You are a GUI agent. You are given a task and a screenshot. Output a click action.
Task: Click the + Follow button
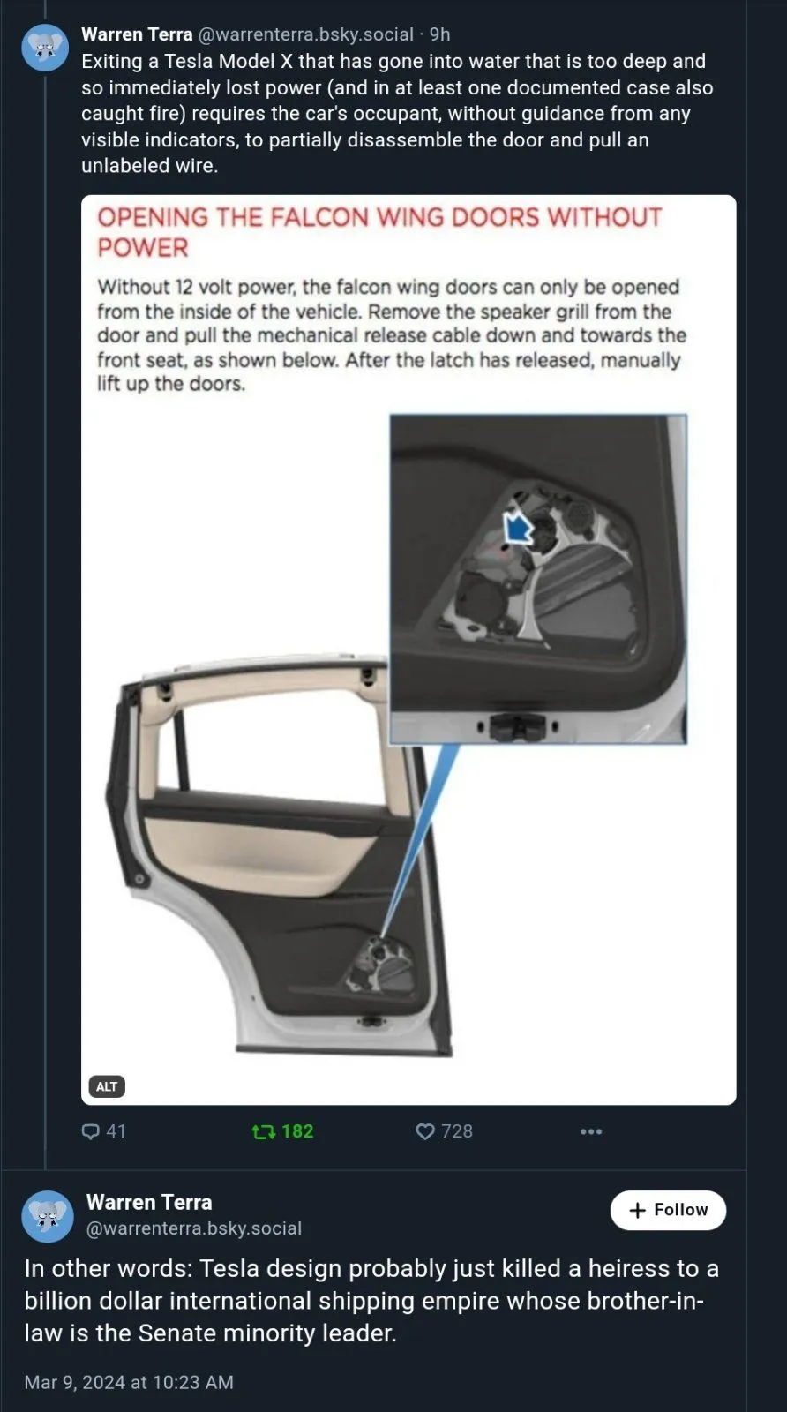(668, 1210)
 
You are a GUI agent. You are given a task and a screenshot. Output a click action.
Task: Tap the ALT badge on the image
(107, 1086)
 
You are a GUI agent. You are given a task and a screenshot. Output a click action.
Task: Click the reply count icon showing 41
(91, 1131)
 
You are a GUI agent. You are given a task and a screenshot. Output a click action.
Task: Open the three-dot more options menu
(591, 1132)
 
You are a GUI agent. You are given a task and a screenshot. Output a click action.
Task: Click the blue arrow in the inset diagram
(518, 527)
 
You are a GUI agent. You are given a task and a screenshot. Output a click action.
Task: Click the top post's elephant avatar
(45, 48)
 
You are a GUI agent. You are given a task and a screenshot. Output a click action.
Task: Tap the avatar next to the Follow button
(48, 1216)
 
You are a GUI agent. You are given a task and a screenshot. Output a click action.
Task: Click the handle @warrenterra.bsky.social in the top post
(305, 34)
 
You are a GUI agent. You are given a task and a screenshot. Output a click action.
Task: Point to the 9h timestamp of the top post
(439, 34)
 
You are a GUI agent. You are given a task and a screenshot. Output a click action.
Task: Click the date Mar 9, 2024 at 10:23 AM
(129, 1382)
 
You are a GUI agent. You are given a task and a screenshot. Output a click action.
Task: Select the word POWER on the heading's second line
(143, 248)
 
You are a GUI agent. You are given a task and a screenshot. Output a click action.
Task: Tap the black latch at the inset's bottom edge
(518, 727)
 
